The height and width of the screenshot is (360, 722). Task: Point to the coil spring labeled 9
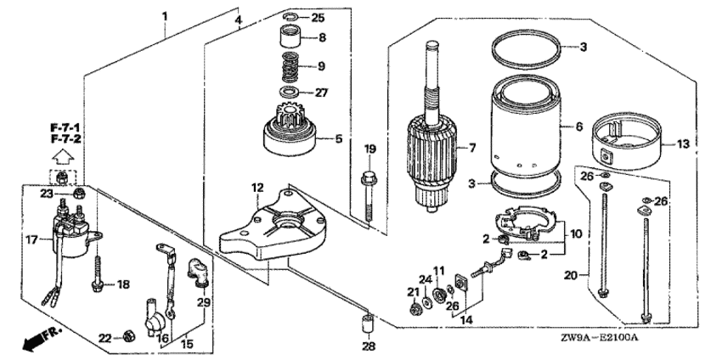290,65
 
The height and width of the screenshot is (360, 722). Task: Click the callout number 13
685,143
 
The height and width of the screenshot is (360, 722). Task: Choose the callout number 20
571,275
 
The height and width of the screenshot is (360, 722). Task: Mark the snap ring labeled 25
291,17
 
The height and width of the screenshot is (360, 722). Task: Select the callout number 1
165,16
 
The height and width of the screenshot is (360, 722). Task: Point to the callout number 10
575,233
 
